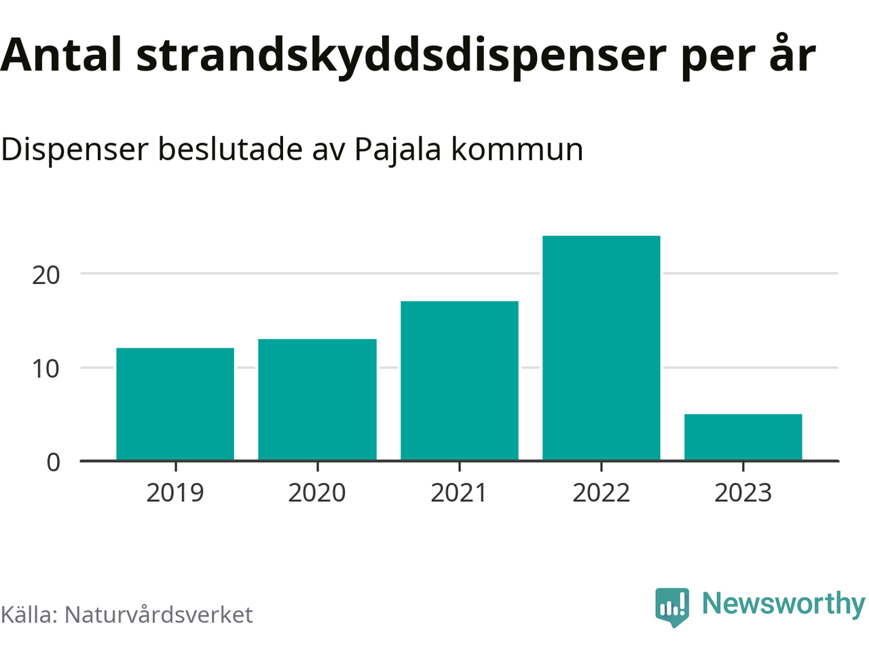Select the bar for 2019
(x=175, y=404)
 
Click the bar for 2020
(x=317, y=399)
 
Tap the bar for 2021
(x=460, y=380)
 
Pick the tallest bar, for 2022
(x=602, y=348)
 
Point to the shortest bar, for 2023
(x=743, y=437)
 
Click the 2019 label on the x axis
(x=175, y=493)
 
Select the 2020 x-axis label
(x=317, y=493)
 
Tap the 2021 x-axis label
(x=460, y=493)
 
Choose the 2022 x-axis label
(x=602, y=493)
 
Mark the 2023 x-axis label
(x=743, y=493)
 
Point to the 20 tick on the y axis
(x=46, y=275)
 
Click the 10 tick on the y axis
(x=46, y=369)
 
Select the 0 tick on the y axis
(x=54, y=463)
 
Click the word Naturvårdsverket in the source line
(x=158, y=615)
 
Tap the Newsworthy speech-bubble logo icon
(x=672, y=606)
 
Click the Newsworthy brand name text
(x=783, y=604)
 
